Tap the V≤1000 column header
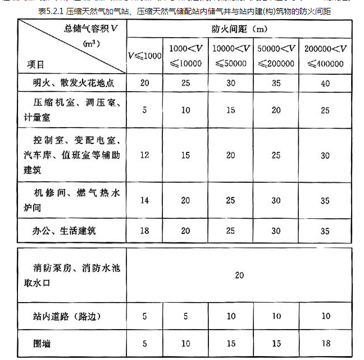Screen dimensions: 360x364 point(144,56)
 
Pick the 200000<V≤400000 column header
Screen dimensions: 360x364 point(325,56)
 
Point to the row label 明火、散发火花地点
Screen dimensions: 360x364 point(74,83)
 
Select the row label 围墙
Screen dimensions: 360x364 point(43,341)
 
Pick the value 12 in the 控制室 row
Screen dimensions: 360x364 point(144,155)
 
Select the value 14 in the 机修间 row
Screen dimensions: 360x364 point(144,200)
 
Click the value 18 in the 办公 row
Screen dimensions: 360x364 point(144,230)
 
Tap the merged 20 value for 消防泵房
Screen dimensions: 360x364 point(240,276)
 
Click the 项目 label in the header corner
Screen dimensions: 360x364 point(37,64)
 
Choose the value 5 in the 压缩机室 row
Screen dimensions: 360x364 point(144,110)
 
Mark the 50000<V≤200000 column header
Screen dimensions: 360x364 point(276,56)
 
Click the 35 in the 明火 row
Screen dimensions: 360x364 point(276,83)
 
